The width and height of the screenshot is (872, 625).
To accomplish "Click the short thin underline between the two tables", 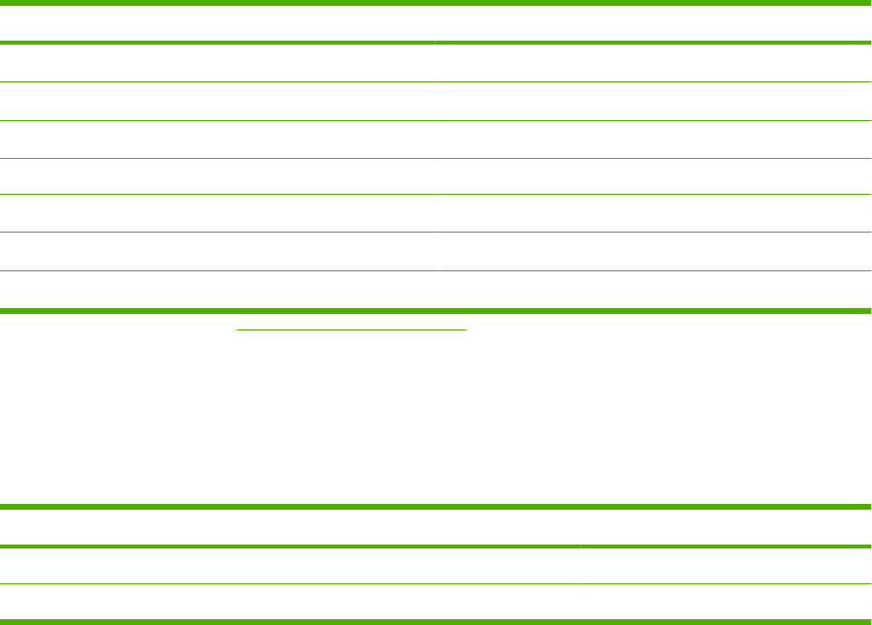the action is (352, 329).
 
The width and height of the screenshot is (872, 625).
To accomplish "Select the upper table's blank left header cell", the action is (218, 23).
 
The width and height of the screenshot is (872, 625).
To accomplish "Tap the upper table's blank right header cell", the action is (653, 23).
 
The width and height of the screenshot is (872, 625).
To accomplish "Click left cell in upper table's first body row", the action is (218, 63).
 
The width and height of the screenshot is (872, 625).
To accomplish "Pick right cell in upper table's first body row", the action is (653, 63).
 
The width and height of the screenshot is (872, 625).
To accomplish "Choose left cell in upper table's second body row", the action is (218, 101).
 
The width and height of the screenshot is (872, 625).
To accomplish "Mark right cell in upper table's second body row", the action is (653, 101).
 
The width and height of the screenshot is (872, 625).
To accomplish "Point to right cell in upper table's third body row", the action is (653, 139).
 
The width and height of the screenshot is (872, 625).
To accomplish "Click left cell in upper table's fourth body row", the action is (218, 176).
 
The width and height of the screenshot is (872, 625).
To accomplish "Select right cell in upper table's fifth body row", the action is (653, 213).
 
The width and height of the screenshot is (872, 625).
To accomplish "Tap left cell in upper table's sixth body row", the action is (218, 251).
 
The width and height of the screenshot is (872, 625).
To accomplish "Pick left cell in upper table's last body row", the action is (218, 289).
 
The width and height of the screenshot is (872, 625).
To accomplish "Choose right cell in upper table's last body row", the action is (653, 289).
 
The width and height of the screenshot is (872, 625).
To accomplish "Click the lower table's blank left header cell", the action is (291, 527).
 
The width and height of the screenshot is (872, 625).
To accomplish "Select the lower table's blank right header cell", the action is (726, 527).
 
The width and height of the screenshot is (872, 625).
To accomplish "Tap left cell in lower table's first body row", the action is (291, 566).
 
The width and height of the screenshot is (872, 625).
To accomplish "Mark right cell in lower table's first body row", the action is (726, 566).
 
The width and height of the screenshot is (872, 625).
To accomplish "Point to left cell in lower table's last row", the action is (291, 602).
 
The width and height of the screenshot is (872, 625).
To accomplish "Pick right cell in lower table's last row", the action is (726, 602).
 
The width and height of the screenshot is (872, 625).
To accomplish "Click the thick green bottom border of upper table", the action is (436, 311).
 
